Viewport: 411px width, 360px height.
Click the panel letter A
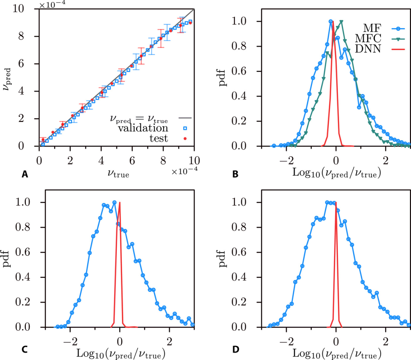25,174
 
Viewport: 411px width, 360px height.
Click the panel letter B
235,174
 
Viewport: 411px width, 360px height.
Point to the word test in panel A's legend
159,139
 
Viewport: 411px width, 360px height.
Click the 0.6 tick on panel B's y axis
246,72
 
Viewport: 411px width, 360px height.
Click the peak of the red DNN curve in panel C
120,203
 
